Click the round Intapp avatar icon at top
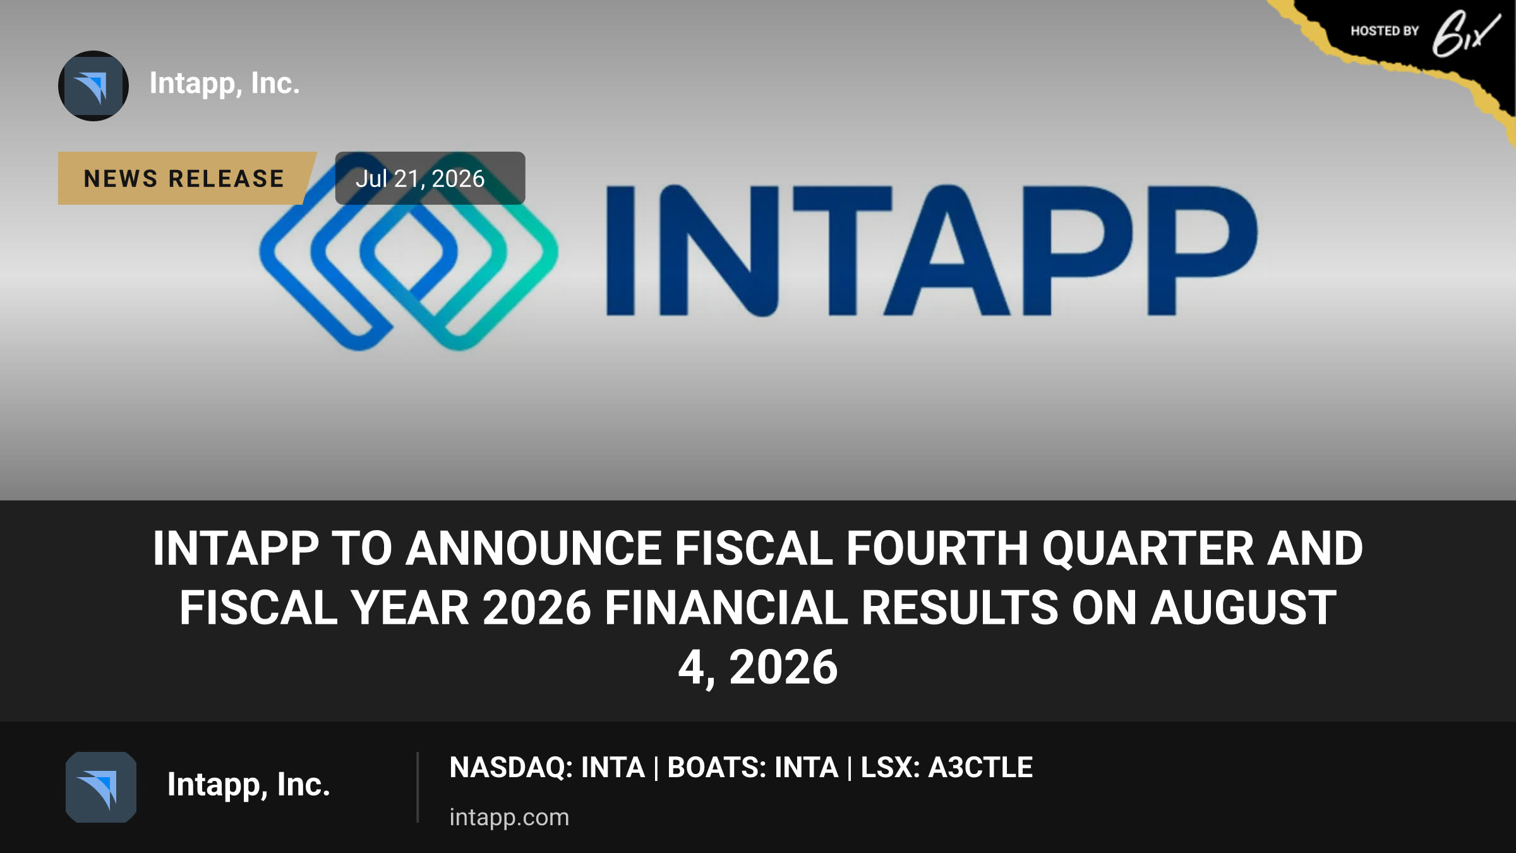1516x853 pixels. [x=93, y=86]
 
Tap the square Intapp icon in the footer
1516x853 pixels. [x=101, y=787]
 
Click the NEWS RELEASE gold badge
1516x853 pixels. [x=184, y=178]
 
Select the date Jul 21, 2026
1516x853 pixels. [x=420, y=179]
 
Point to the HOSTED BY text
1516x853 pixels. [x=1385, y=31]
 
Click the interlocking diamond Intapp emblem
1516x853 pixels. [x=408, y=251]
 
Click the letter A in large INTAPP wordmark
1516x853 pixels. [x=948, y=250]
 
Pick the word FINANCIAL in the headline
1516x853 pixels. [x=726, y=608]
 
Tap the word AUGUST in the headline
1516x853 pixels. [x=1243, y=608]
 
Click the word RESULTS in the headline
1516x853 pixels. [x=960, y=608]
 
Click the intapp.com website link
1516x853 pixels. [x=509, y=818]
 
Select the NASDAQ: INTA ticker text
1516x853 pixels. [x=547, y=768]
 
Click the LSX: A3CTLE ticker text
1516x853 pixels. [x=946, y=768]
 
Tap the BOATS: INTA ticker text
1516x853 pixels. [x=752, y=768]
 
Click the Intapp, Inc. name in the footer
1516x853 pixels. [x=248, y=785]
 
